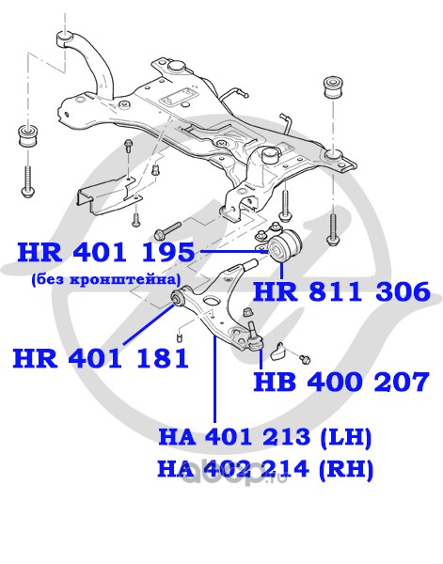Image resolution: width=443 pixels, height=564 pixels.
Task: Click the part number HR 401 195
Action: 106,252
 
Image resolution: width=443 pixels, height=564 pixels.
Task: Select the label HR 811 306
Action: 341,291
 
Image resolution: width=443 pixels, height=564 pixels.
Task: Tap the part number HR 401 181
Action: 101,358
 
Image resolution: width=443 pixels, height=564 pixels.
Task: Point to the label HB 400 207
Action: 341,382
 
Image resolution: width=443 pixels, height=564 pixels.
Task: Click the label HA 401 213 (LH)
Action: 265,437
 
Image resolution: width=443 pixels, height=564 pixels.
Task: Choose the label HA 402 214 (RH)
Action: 265,469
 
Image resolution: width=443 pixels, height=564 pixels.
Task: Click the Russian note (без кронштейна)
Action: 105,279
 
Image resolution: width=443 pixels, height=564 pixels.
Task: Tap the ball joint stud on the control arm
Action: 253,328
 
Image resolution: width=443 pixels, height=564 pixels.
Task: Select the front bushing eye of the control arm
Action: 177,298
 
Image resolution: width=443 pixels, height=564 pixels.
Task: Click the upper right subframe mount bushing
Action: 332,86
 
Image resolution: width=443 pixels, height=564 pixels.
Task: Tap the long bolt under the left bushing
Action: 27,180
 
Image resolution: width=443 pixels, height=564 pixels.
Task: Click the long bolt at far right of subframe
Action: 333,230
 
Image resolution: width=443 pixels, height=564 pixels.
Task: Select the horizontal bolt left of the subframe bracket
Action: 167,230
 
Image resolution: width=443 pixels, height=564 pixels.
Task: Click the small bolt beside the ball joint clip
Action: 306,359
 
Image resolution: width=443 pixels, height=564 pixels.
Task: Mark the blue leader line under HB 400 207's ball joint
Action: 261,359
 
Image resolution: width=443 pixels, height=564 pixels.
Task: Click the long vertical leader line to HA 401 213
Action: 214,379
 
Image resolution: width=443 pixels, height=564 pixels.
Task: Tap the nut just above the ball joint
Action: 246,312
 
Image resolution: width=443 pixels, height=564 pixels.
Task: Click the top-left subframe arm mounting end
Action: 65,39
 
